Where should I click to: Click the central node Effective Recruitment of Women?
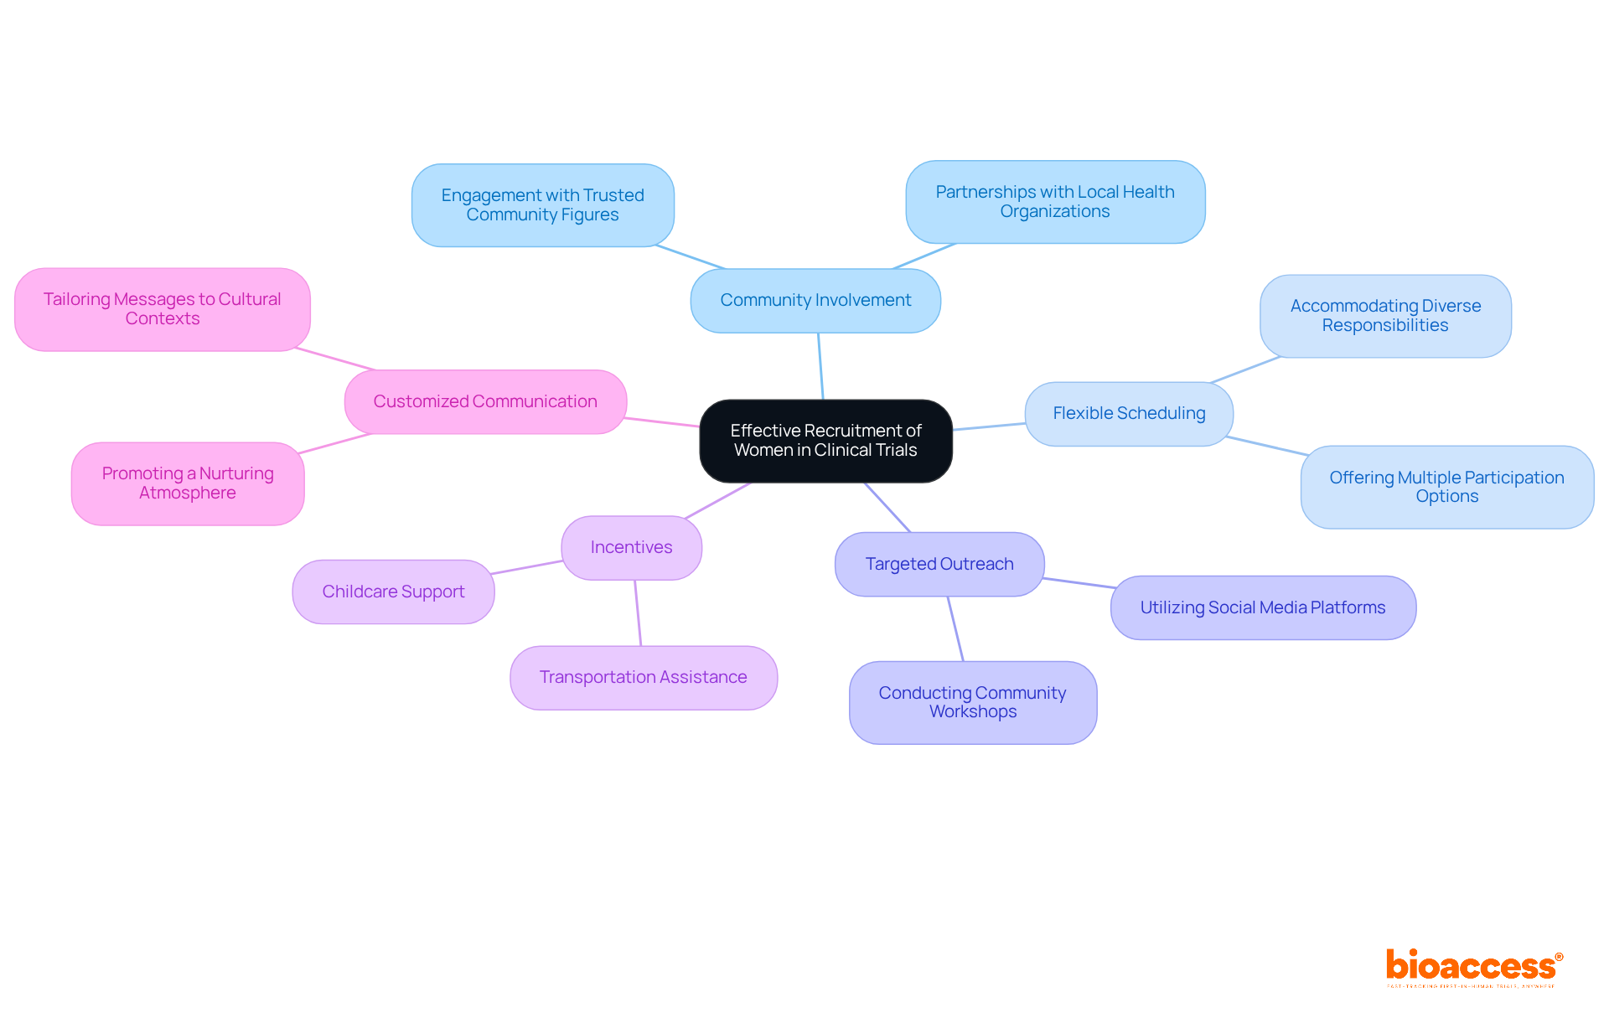(825, 441)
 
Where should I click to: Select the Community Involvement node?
(815, 301)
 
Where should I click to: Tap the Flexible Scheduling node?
(1129, 414)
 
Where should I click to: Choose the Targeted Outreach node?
(939, 565)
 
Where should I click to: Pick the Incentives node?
(631, 548)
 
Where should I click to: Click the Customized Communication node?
(485, 402)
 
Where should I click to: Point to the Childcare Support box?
(393, 592)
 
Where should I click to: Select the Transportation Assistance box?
(643, 678)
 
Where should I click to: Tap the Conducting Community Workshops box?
(972, 703)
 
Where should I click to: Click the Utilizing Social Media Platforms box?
(1263, 608)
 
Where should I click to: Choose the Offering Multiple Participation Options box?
(1446, 488)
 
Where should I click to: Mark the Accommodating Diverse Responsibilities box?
(1385, 317)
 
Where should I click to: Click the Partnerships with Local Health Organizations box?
(1055, 203)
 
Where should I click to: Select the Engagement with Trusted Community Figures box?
(542, 206)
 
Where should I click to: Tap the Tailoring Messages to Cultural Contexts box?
(163, 310)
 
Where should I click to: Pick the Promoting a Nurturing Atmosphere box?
(188, 484)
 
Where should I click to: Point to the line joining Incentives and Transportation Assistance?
(638, 612)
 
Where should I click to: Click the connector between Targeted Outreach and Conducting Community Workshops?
(955, 629)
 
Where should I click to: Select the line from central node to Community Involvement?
(820, 366)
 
